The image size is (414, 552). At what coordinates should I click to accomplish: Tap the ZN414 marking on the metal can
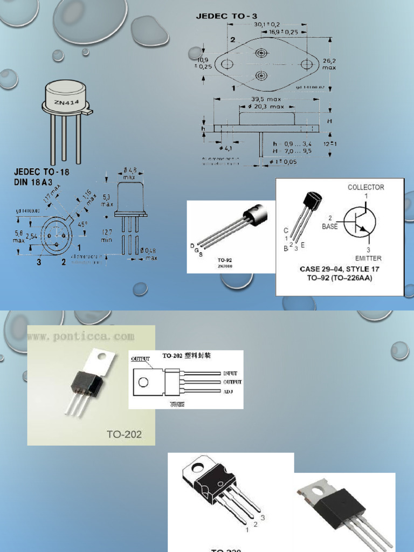click(62, 103)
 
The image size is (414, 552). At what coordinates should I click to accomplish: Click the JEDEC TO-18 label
click(42, 172)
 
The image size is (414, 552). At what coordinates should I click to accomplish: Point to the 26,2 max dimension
click(329, 64)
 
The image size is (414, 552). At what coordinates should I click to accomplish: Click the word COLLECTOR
click(365, 187)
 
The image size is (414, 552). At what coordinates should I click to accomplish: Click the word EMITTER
click(368, 258)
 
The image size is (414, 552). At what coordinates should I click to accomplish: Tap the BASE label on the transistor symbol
click(329, 226)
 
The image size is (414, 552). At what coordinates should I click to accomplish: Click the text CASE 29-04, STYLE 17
click(340, 268)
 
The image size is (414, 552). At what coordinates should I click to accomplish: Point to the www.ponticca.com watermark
click(81, 336)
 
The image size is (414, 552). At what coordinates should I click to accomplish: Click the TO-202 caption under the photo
click(123, 433)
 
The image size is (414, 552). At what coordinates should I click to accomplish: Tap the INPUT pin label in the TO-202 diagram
click(230, 373)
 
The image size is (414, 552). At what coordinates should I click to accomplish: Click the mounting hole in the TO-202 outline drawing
click(143, 382)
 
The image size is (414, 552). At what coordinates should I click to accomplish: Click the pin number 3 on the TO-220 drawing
click(263, 517)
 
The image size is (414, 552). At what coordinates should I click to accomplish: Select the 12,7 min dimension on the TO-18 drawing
click(106, 236)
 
